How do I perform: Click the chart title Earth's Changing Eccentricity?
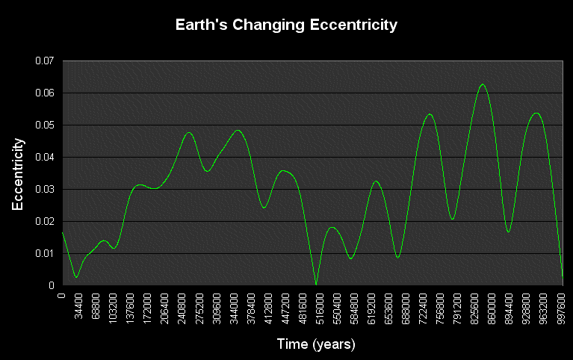[x=286, y=25]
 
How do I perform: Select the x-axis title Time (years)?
[x=316, y=344]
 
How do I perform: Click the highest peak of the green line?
[x=483, y=84]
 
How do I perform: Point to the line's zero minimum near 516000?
[x=316, y=285]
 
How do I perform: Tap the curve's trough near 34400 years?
[x=76, y=277]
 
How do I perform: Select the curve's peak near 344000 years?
[x=238, y=131]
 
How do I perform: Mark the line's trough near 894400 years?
[x=508, y=232]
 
